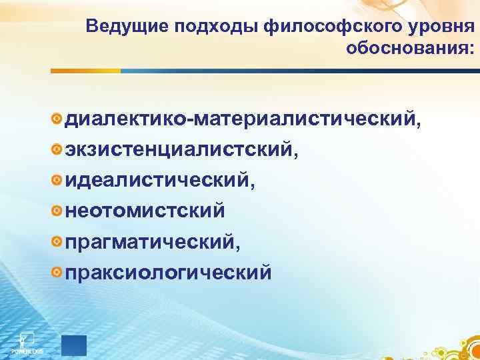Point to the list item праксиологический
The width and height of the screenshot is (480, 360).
168,272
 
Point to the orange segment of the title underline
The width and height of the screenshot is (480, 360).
87,70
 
